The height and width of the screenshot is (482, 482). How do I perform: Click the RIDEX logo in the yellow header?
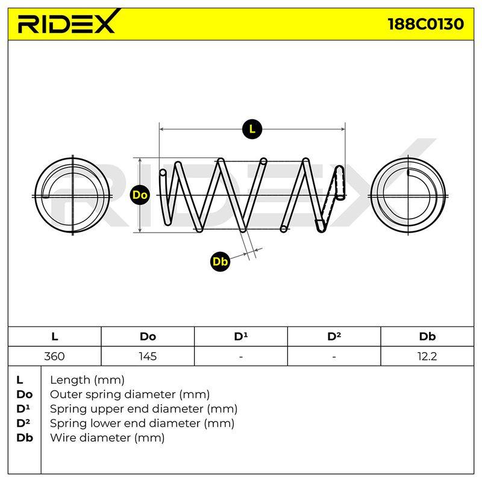pos(67,22)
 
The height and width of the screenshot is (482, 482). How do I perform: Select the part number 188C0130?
pos(426,24)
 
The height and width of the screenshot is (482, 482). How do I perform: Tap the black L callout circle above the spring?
pos(252,129)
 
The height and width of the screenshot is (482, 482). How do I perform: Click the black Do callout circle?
pos(140,195)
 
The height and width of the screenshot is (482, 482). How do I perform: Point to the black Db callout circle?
pos(220,261)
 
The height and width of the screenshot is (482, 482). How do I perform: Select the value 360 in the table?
pos(54,356)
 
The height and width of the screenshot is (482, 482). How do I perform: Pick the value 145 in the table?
pos(148,356)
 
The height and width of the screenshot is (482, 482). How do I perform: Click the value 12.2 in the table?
pos(427,356)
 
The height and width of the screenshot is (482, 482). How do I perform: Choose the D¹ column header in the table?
pos(240,336)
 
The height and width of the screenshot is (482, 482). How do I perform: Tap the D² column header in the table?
pos(334,336)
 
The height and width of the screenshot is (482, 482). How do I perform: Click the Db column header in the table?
pos(427,336)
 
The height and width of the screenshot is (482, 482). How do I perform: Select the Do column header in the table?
pos(148,336)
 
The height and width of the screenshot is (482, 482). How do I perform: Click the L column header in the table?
pos(54,336)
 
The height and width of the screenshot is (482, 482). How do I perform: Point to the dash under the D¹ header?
pos(240,357)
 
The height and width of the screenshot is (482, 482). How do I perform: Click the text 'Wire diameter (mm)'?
pos(107,437)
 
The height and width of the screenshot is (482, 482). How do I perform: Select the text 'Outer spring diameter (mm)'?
pos(130,394)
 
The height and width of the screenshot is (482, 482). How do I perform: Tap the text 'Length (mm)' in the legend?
pos(87,380)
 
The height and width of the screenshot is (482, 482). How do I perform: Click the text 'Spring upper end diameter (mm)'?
pos(143,408)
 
